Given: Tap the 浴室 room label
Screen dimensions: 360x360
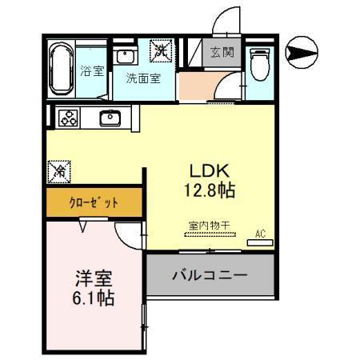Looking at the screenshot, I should coord(92,71).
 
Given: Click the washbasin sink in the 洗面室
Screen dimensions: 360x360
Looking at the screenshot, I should coord(126,56).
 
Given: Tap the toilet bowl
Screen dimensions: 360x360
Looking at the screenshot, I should coord(258,63).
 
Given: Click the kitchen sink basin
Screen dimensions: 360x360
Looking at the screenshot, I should coord(110,118).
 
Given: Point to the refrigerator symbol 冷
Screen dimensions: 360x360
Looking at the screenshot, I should coord(58,170).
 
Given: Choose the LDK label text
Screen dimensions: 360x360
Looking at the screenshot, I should coord(209,171).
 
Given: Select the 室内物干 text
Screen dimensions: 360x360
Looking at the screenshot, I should coord(209,226).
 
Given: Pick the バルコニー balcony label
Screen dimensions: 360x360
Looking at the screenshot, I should coord(210,275).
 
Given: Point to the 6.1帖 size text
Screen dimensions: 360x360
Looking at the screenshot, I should coord(94,300).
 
